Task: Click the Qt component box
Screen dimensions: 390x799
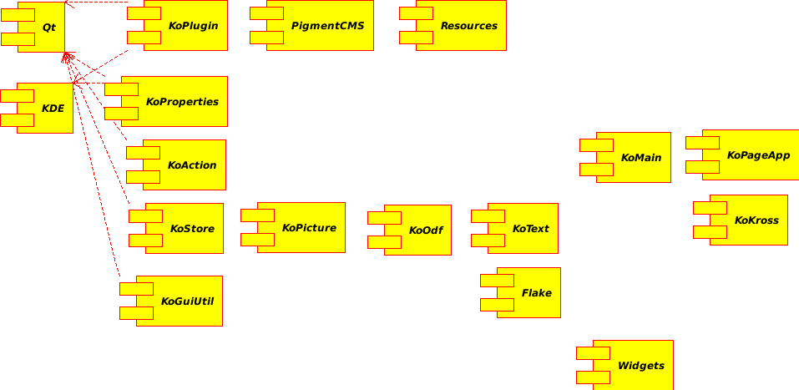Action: [42, 27]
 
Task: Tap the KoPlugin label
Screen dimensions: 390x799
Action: [193, 26]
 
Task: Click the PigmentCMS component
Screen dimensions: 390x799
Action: [321, 26]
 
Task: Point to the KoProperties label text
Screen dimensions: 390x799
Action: [182, 102]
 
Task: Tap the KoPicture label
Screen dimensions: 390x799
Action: [309, 228]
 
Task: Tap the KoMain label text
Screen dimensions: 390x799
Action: [641, 158]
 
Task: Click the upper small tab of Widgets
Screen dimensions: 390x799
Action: [593, 353]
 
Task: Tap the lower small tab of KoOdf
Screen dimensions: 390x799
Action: [384, 242]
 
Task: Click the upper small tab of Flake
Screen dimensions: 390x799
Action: [497, 281]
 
